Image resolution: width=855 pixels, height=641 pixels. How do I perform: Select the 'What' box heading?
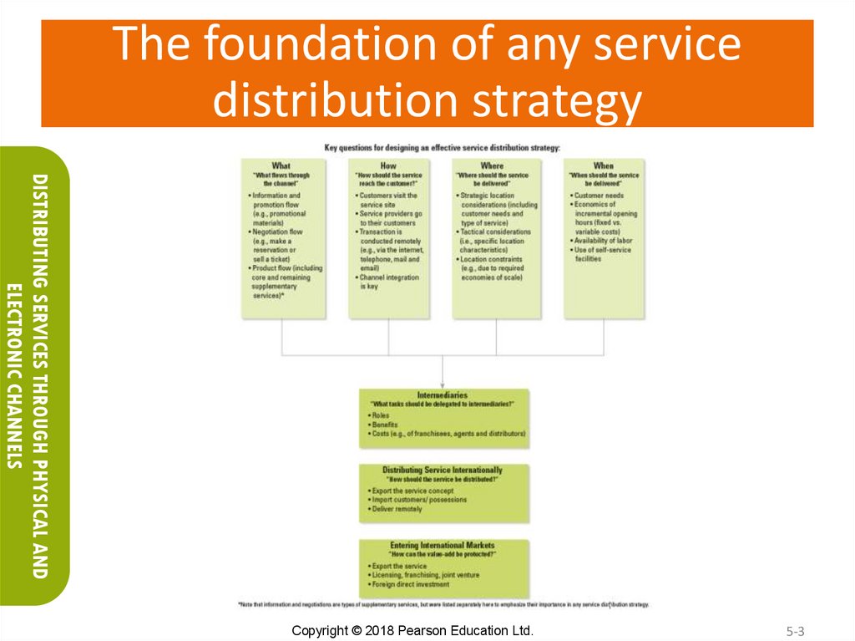[281, 165]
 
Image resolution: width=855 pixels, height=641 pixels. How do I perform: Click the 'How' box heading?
[388, 165]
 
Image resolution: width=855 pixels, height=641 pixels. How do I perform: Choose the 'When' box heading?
[603, 165]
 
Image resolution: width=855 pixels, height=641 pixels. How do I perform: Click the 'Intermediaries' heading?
[442, 394]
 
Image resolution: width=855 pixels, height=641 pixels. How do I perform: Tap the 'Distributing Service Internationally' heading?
[443, 471]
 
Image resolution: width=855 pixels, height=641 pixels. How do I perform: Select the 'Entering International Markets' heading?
[443, 546]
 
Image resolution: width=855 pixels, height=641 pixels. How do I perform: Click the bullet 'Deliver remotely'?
[397, 509]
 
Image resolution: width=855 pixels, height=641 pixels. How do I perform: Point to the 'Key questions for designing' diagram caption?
[442, 148]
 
